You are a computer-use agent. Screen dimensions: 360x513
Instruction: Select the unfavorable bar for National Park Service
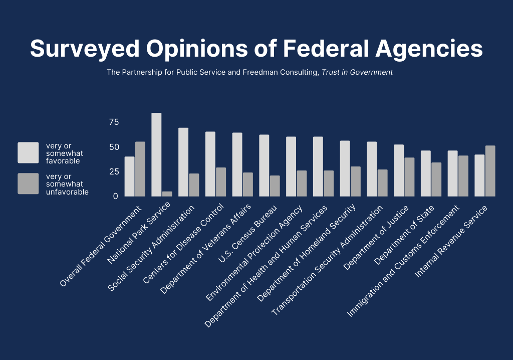[167, 194]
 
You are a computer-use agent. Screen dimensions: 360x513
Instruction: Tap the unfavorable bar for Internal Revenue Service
[490, 171]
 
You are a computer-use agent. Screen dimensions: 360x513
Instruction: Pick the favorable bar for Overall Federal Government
[129, 176]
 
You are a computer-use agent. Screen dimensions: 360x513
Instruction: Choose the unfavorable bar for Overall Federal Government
[140, 169]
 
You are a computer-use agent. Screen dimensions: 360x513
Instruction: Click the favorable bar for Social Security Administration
[183, 162]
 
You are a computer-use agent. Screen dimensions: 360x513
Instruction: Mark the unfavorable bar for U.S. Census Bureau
[275, 186]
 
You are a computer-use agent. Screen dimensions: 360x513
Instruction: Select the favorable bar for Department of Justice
[399, 170]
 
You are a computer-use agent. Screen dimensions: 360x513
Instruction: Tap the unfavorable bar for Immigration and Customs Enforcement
[463, 176]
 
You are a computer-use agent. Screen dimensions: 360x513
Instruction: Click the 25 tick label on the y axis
[114, 171]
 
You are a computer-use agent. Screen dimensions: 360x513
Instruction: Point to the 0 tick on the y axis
[115, 196]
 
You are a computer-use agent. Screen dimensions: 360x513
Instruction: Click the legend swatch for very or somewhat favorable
[28, 153]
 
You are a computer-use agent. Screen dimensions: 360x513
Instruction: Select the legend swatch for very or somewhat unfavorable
[28, 184]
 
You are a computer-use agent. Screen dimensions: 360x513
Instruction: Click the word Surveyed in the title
[83, 49]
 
